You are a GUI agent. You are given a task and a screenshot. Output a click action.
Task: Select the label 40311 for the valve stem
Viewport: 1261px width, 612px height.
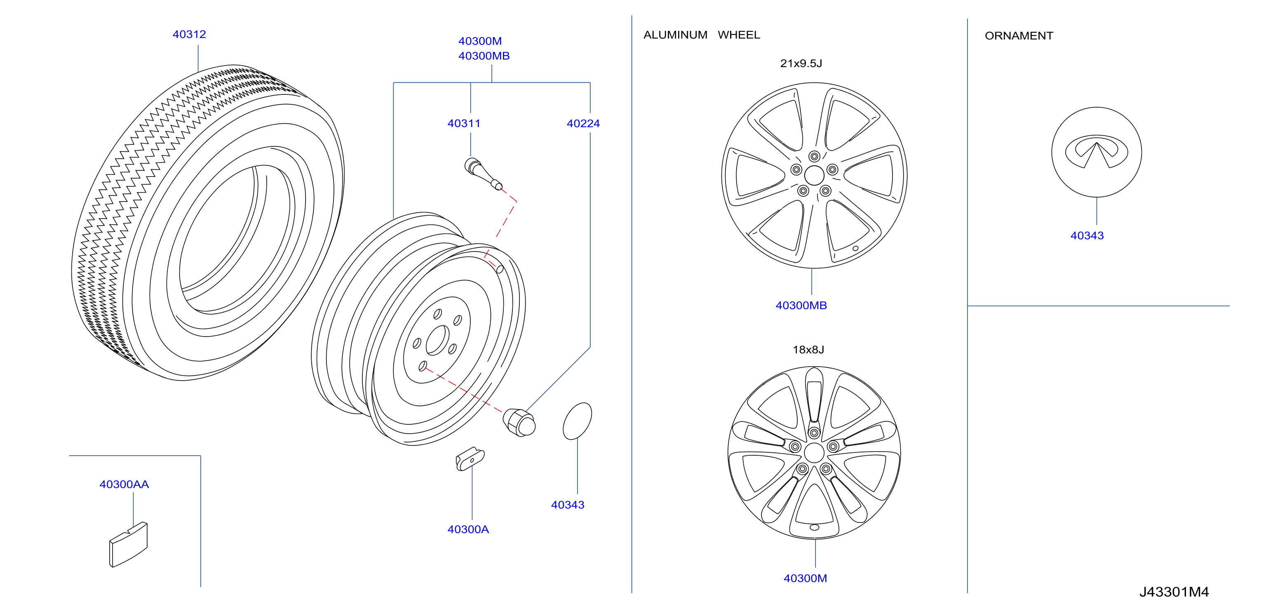click(464, 123)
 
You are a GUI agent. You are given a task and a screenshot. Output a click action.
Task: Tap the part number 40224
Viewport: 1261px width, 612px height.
click(583, 123)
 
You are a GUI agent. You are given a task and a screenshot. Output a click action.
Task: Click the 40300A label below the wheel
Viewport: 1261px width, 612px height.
click(468, 529)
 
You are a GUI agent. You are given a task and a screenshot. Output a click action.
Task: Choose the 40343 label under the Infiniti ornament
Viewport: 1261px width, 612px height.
click(1087, 235)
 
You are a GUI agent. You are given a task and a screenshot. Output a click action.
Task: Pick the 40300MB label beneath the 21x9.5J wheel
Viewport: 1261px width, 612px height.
click(801, 306)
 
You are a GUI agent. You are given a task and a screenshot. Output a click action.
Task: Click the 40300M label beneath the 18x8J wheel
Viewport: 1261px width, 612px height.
click(805, 578)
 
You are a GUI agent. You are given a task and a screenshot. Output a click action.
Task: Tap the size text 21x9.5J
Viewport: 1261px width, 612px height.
click(801, 63)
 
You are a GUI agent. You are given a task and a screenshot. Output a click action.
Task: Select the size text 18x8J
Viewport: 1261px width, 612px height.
click(808, 350)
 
